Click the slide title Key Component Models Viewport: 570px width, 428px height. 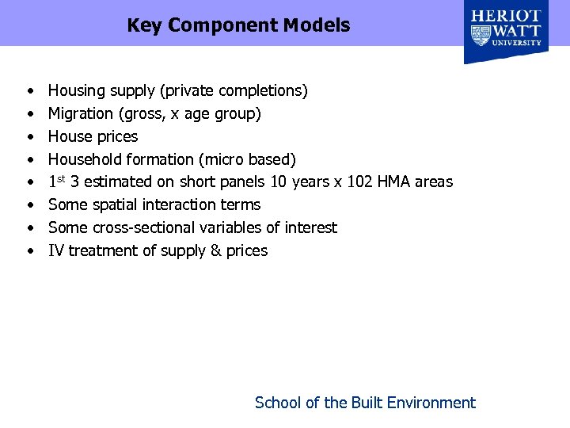pos(238,25)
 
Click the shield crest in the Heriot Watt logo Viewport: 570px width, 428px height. pos(481,35)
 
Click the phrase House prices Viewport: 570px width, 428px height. pos(93,136)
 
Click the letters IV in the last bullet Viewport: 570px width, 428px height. pos(56,251)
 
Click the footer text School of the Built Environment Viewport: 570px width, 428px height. pos(365,403)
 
